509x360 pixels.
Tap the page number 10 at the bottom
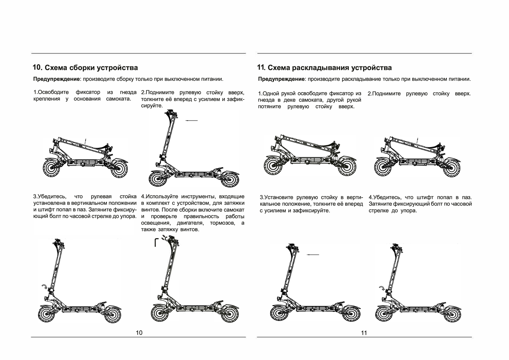coord(139,333)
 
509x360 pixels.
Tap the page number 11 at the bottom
coord(364,333)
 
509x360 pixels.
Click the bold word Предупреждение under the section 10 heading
coord(56,79)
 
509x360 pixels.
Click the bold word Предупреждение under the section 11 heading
coord(281,79)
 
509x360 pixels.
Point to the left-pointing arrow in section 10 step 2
coord(191,120)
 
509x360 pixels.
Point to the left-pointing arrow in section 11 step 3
coord(313,255)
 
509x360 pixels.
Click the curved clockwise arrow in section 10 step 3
coord(45,286)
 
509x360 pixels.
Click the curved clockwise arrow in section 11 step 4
coord(382,288)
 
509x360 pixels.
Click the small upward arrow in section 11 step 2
coord(418,140)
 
